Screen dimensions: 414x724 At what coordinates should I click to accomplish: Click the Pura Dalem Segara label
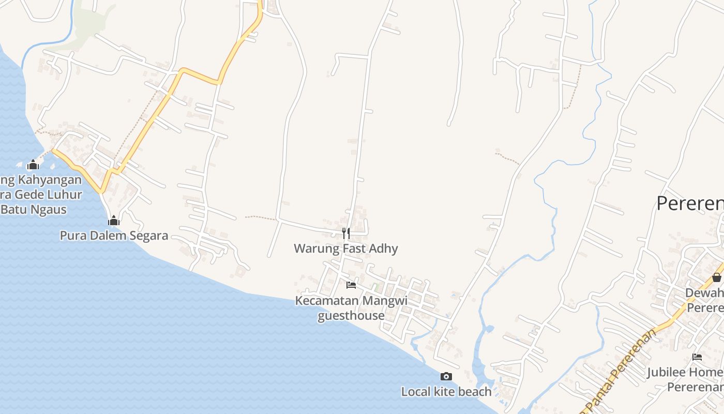114,235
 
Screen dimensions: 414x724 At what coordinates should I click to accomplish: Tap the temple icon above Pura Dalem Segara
114,221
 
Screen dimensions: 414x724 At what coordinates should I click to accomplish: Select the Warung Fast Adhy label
346,248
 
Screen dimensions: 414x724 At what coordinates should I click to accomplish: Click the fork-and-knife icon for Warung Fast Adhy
346,233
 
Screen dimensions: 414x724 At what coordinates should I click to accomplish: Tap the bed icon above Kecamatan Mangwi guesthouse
351,285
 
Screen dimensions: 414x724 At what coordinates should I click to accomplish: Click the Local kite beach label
446,392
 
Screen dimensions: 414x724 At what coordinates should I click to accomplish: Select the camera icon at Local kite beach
446,376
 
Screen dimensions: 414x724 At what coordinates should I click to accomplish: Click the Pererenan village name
690,203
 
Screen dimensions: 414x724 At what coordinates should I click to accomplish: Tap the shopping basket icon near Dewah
716,277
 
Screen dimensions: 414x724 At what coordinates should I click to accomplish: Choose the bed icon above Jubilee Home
697,357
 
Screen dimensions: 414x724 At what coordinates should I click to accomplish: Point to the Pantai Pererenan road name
623,369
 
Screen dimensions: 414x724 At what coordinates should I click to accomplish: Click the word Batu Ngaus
34,209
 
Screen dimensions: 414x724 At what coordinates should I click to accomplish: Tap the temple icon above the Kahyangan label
33,165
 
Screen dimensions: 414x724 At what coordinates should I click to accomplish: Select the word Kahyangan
50,180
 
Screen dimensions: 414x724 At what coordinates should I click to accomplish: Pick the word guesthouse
351,316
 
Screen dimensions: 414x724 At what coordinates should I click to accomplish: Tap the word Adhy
384,248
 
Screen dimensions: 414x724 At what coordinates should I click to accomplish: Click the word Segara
147,235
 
